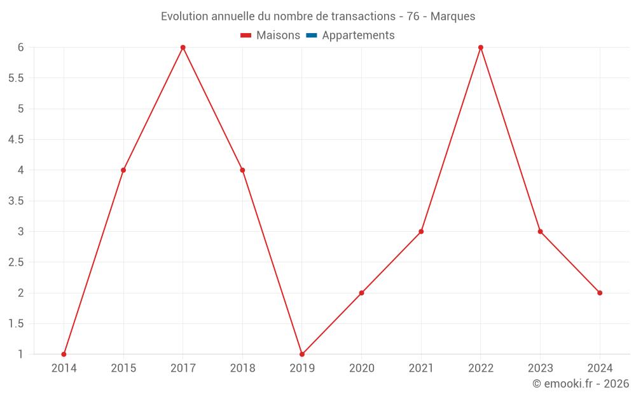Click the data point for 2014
64,354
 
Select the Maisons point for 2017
183,48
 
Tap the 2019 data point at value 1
302,354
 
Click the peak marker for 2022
481,48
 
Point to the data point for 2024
600,293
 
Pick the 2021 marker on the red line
421,232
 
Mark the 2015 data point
123,170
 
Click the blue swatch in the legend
312,36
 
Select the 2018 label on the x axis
242,368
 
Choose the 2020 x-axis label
361,368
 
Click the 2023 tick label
540,368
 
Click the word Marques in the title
453,17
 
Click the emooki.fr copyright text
581,384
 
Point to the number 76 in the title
413,17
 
